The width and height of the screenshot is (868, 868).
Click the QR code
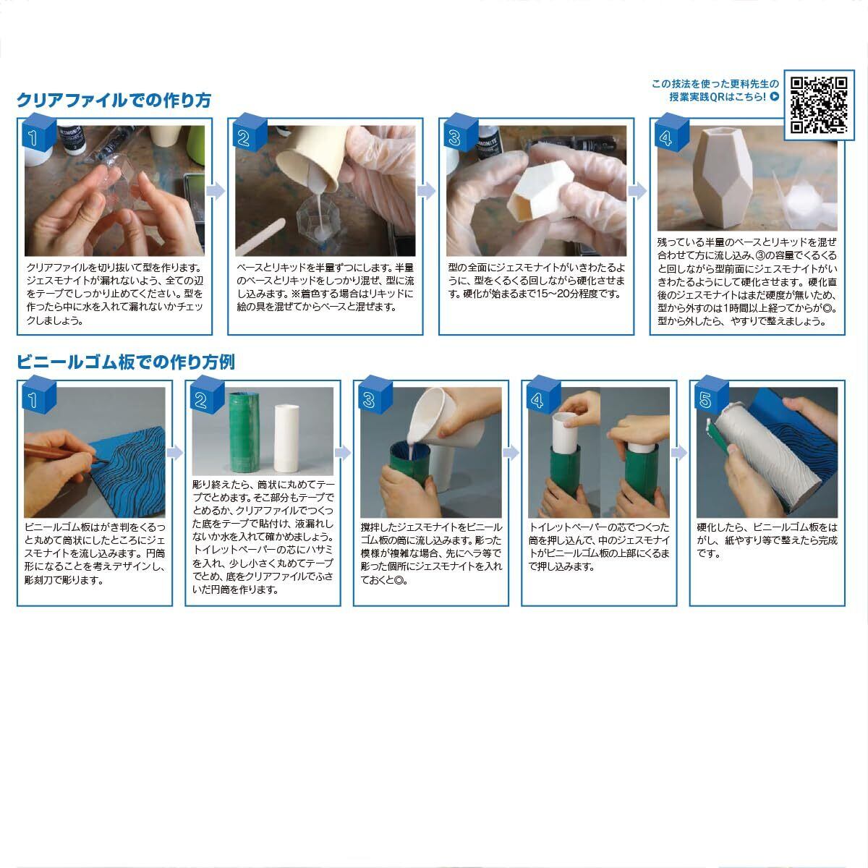pos(819,105)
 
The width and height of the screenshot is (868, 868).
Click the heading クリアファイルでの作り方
pos(114,100)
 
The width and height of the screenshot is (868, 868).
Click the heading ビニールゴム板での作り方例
pos(126,362)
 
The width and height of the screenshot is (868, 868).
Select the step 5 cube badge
pos(712,394)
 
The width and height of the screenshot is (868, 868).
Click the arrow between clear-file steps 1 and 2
pos(216,191)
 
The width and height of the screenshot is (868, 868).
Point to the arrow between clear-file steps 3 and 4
pos(637,191)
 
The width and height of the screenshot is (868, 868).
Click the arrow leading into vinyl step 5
pos(679,453)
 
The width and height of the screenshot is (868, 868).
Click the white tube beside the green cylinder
pos(286,438)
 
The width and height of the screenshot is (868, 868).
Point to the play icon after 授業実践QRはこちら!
pos(774,96)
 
